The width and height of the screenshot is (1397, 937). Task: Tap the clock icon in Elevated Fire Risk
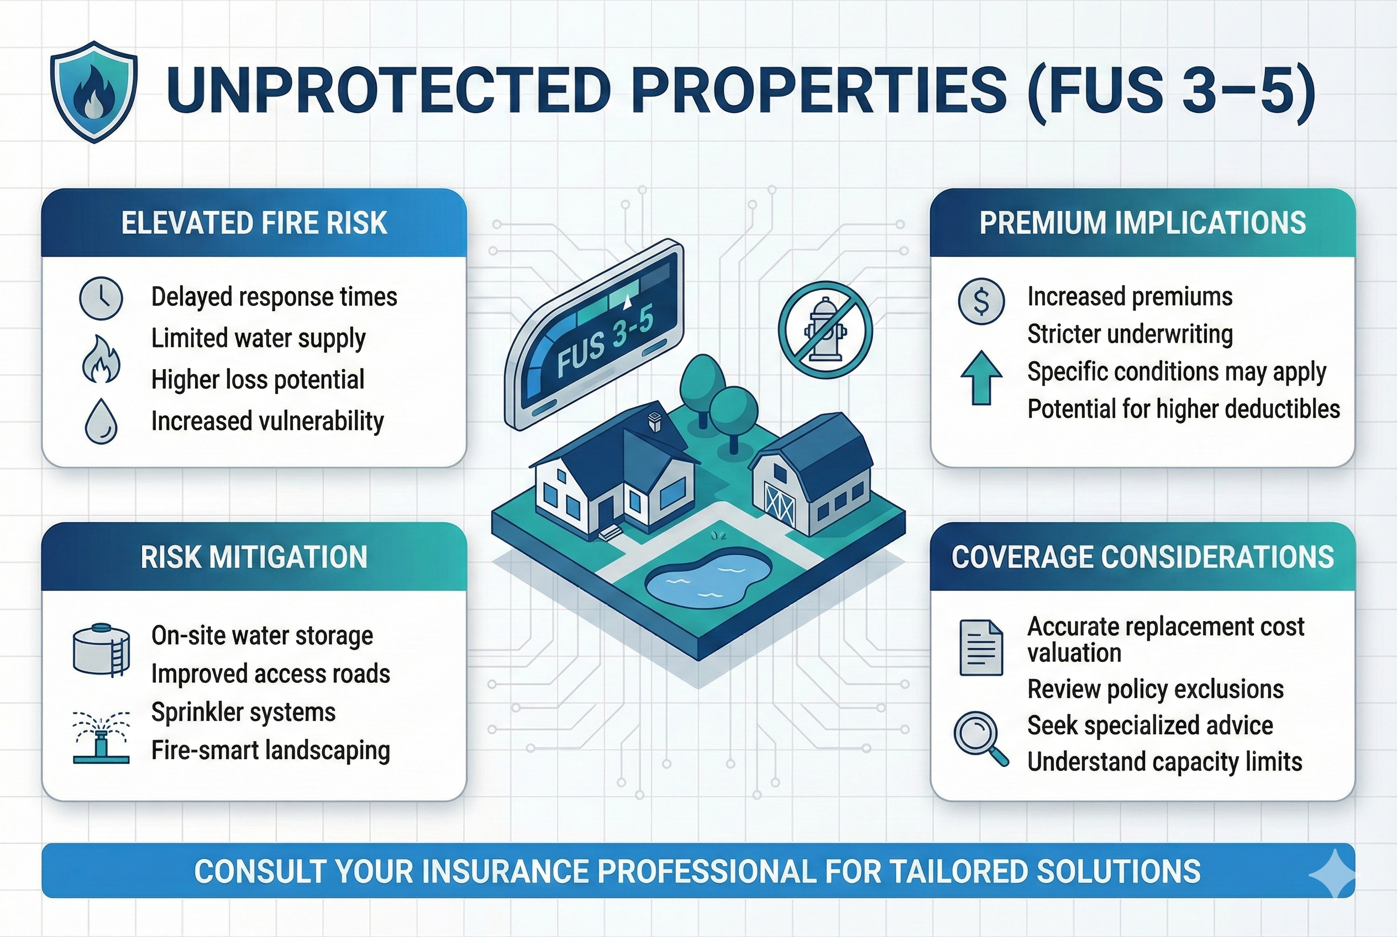point(101,298)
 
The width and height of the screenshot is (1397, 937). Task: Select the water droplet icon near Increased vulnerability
point(101,422)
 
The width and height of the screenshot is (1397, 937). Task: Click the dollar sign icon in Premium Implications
point(981,301)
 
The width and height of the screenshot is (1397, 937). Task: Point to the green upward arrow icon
point(981,378)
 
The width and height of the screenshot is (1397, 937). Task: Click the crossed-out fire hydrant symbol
point(825,330)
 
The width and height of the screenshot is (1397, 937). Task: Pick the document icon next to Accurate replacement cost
point(981,648)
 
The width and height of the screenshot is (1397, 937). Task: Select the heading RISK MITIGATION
point(254,557)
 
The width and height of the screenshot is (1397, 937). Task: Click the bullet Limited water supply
point(258,338)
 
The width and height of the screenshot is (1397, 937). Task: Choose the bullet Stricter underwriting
point(1129,334)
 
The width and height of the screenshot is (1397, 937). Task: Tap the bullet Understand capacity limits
point(1164,762)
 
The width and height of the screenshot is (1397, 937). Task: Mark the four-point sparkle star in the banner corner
point(1333,873)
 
